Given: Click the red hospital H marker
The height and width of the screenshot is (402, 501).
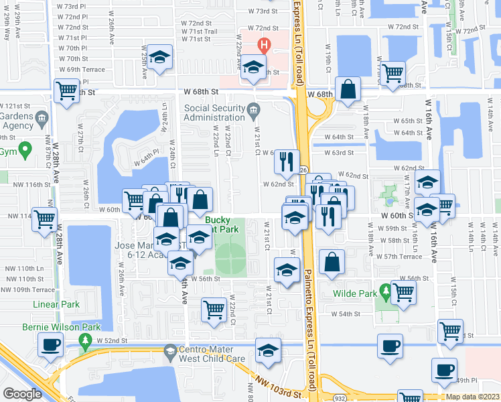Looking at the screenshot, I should [x=265, y=46].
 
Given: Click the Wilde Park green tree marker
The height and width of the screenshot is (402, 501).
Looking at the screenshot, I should [x=385, y=291].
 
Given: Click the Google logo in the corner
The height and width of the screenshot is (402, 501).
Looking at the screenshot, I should [x=22, y=394].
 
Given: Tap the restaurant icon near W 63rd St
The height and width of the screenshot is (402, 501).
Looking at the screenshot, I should [x=285, y=161].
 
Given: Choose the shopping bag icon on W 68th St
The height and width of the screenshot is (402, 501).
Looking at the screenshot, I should [x=348, y=89].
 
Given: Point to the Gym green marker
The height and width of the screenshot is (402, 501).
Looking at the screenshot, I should [x=25, y=148].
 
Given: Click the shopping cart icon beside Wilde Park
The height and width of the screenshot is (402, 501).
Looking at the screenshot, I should [x=404, y=291].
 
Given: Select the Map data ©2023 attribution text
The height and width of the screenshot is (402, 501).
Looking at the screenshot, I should [x=473, y=397].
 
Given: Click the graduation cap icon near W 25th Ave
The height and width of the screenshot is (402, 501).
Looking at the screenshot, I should [x=160, y=57].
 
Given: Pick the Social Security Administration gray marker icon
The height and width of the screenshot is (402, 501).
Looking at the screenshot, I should [x=253, y=109].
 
